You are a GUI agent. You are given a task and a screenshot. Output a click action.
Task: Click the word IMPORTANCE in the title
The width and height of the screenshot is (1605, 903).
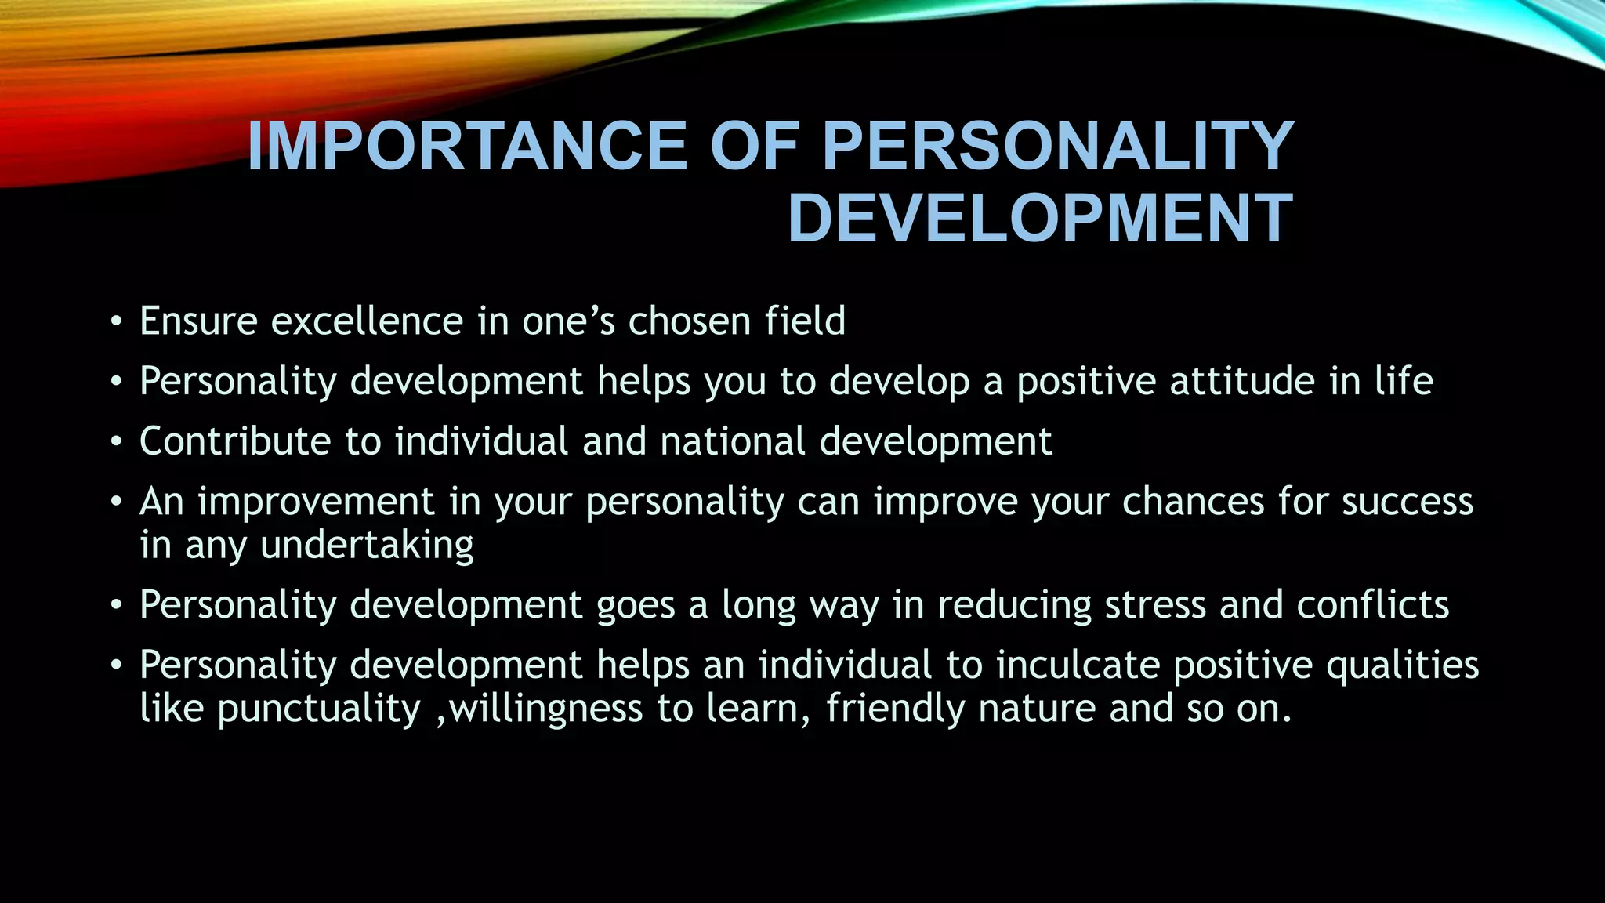coord(467,147)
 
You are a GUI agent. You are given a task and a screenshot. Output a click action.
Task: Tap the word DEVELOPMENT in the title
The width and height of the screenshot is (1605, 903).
coord(1040,219)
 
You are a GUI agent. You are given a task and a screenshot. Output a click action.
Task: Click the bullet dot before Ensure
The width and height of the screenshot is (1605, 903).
coord(116,322)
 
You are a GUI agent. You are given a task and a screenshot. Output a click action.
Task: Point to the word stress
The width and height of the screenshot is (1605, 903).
coord(1155,605)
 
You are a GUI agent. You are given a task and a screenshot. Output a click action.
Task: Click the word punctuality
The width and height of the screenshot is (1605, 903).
coord(319,709)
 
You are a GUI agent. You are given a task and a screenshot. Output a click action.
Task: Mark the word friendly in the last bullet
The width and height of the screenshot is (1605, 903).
coord(894,709)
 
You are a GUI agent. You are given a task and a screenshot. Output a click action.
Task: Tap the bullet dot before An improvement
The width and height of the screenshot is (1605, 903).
coord(116,502)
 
